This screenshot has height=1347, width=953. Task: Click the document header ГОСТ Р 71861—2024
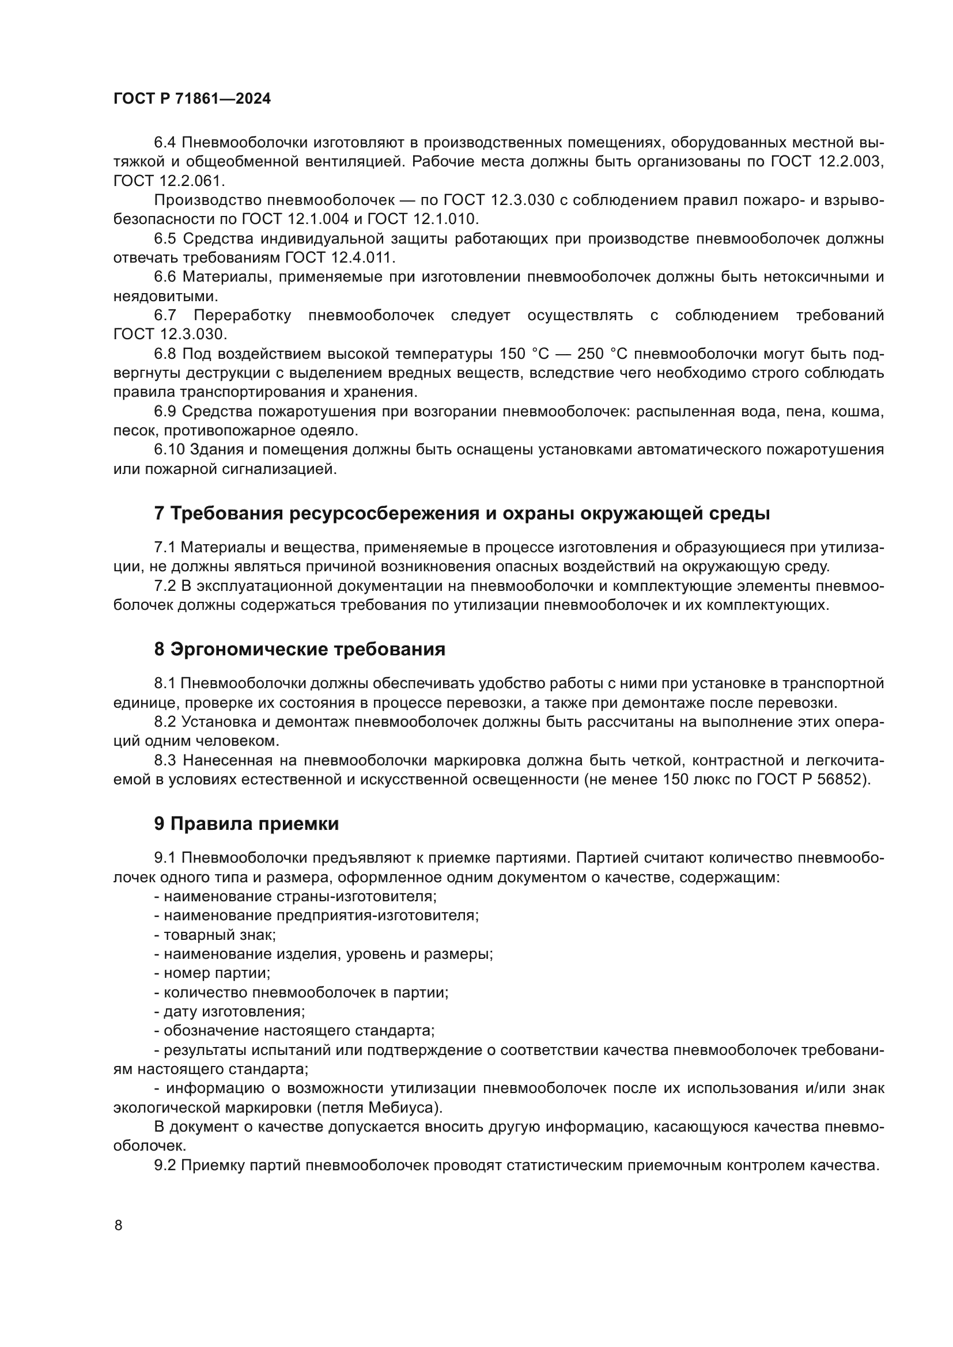tap(192, 99)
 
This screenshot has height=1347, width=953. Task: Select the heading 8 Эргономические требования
tap(299, 649)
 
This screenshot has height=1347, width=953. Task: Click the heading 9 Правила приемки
tap(247, 824)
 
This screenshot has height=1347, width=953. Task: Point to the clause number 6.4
tap(165, 143)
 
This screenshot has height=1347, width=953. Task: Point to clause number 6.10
tap(169, 450)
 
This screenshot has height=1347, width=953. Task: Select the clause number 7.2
tap(165, 586)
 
